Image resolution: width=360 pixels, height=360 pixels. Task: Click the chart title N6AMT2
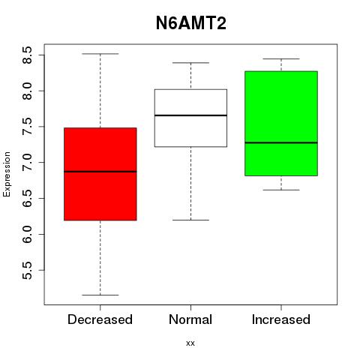point(191,23)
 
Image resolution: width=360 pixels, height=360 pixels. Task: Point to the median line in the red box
point(100,172)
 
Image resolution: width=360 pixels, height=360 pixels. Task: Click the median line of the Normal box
point(190,115)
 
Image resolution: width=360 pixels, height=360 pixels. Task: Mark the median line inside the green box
point(281,142)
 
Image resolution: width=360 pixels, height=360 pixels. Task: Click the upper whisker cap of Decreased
point(100,54)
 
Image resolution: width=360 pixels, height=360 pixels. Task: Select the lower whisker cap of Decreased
point(100,295)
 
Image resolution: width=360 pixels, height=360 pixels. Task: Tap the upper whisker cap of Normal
point(190,63)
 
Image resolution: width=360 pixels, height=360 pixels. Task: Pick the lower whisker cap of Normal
point(190,220)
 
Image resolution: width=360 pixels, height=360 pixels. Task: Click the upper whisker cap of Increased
point(281,59)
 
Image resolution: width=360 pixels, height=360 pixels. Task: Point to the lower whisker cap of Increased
point(281,190)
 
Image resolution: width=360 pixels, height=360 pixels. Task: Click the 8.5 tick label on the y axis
point(28,55)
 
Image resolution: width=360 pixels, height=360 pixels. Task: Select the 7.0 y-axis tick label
point(28,163)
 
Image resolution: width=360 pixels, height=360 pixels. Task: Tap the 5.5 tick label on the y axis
point(28,270)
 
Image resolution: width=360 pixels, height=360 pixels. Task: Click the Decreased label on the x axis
point(100,319)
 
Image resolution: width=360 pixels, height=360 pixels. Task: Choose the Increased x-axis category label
point(281,319)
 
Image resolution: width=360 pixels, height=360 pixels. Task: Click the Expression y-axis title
point(7,175)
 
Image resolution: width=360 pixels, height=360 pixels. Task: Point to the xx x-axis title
point(190,343)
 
